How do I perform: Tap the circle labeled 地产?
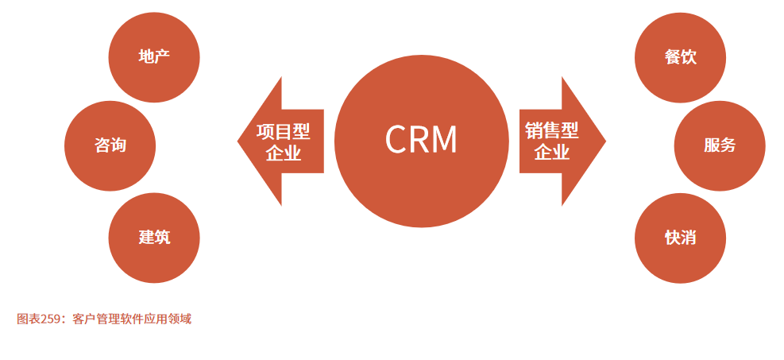[154, 57]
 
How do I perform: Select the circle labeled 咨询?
[110, 146]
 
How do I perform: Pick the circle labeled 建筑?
[154, 237]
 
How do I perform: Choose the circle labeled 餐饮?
[681, 57]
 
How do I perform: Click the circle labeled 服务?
[720, 146]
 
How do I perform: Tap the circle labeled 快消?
[681, 237]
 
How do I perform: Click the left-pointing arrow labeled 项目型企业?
[282, 141]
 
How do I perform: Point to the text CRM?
[421, 140]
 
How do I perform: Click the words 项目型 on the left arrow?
[284, 131]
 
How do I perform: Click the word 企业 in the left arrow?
[284, 153]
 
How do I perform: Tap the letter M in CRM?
[444, 140]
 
